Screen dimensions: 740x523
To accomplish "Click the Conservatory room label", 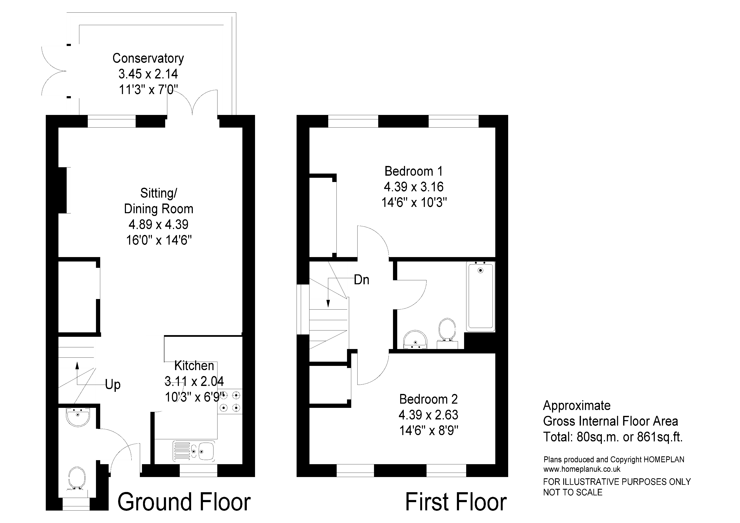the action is coord(148,58).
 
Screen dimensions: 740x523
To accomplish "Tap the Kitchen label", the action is coord(194,366).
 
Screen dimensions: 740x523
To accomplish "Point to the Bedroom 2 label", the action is coord(428,399).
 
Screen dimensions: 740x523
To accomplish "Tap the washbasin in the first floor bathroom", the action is coord(415,340).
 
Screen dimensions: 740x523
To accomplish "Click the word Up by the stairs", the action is coord(113,385).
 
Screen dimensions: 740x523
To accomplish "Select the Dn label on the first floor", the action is coord(361,280).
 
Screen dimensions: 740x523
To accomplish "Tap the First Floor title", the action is coord(456,502).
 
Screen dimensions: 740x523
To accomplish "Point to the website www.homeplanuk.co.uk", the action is coord(582,469).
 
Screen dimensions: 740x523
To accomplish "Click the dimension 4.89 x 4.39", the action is coord(159,224).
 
